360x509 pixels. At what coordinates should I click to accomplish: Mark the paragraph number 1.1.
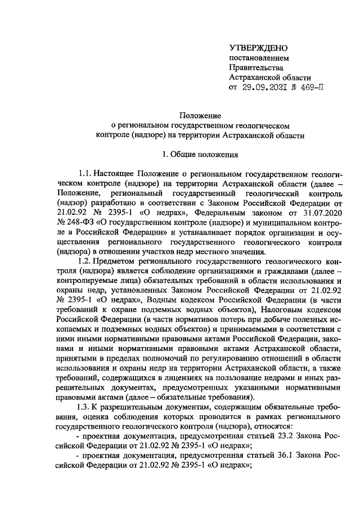tap(84, 173)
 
